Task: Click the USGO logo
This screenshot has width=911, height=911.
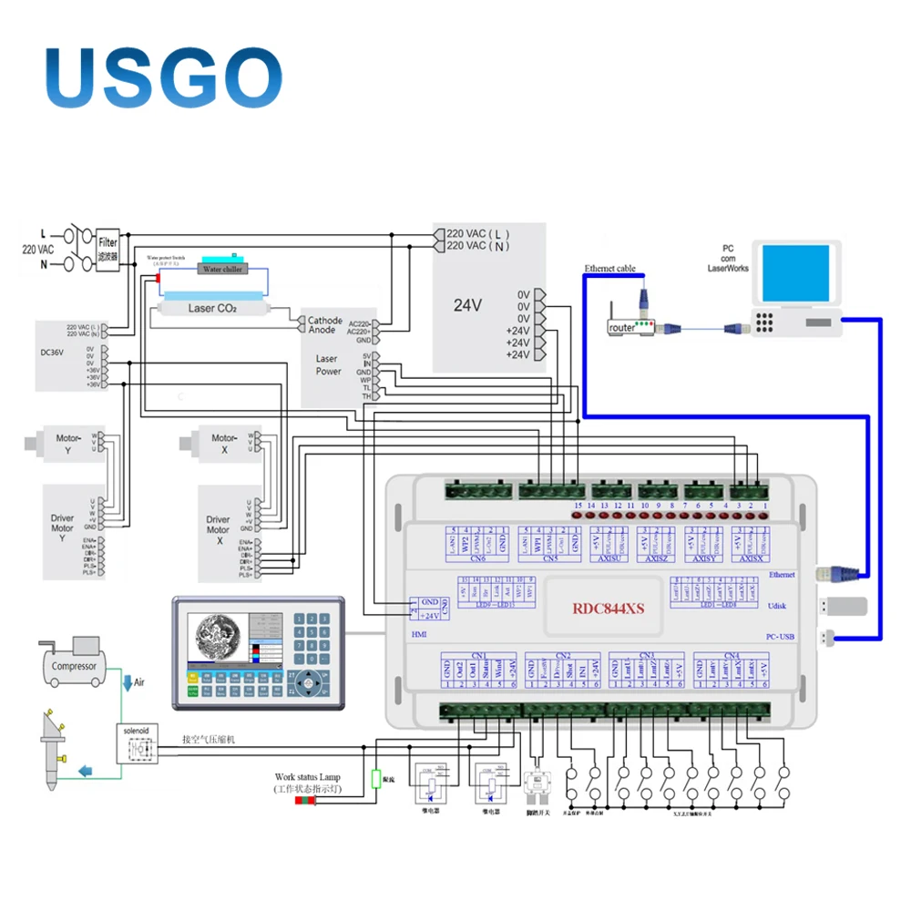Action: point(163,77)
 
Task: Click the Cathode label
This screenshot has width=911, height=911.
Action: point(325,321)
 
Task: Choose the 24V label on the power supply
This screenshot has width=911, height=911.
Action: point(467,305)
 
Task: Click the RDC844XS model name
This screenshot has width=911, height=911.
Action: point(608,608)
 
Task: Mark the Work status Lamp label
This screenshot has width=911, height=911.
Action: point(308,778)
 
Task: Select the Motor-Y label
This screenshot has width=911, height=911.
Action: point(70,439)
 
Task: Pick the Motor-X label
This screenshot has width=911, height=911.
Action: point(225,439)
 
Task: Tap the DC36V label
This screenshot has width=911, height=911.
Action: point(53,353)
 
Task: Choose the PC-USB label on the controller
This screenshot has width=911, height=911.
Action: point(780,637)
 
